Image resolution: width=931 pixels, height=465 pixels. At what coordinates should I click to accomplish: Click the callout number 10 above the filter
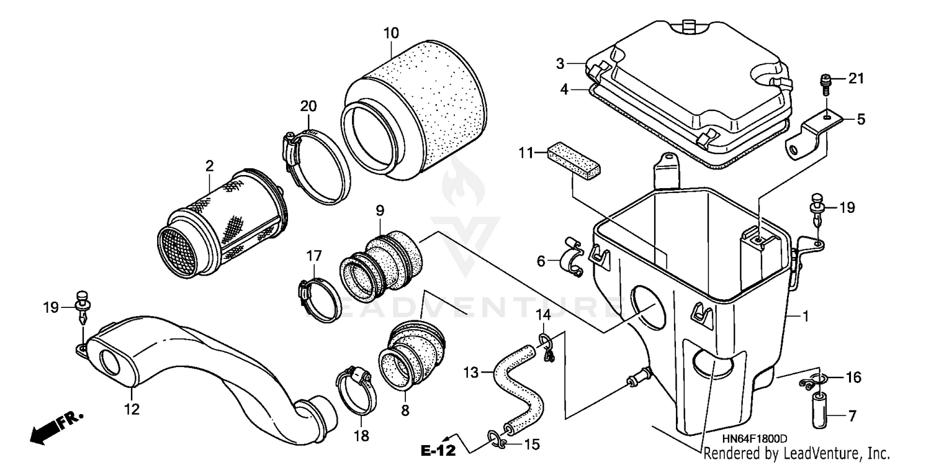click(391, 33)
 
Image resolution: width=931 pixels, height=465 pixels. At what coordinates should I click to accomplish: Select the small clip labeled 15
click(498, 440)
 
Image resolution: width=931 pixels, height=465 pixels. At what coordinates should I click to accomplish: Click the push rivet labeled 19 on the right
click(817, 208)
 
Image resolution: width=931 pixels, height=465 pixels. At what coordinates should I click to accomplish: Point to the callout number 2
click(210, 166)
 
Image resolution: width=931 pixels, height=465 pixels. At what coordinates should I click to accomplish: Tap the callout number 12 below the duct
click(132, 409)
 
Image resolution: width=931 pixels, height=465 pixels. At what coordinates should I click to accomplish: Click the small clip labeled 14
click(546, 347)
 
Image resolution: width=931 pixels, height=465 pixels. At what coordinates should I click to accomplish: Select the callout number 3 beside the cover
click(560, 63)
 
